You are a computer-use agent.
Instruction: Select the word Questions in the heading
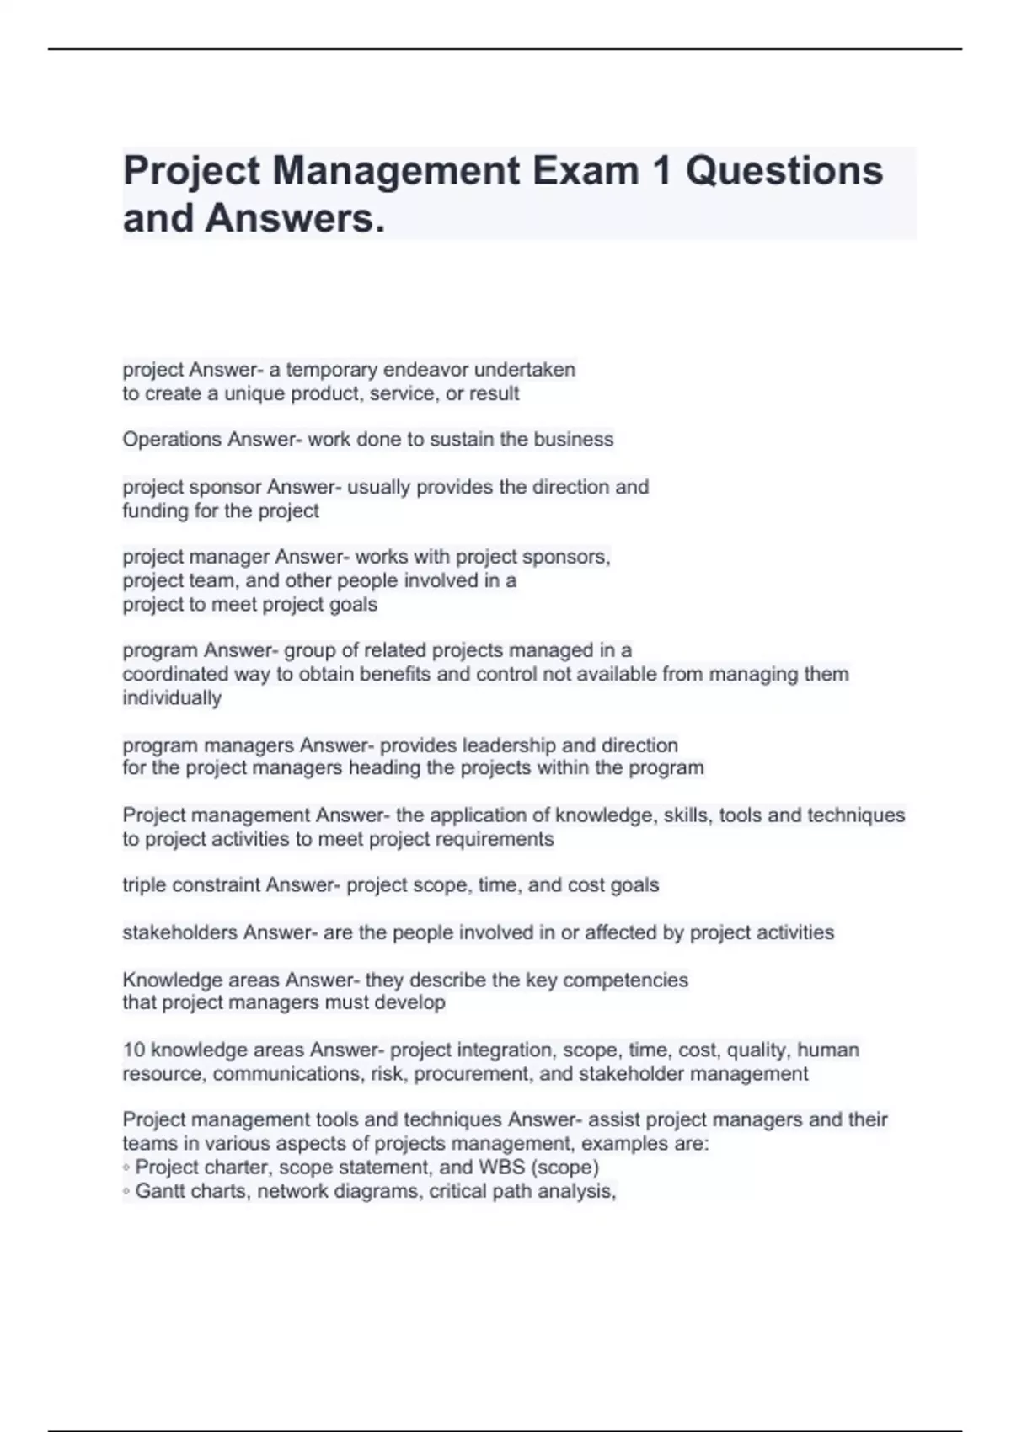784,171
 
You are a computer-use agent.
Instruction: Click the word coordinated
175,674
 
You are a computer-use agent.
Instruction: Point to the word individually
172,697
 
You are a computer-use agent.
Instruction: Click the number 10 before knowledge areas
133,1050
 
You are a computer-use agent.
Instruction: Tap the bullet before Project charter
126,1168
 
